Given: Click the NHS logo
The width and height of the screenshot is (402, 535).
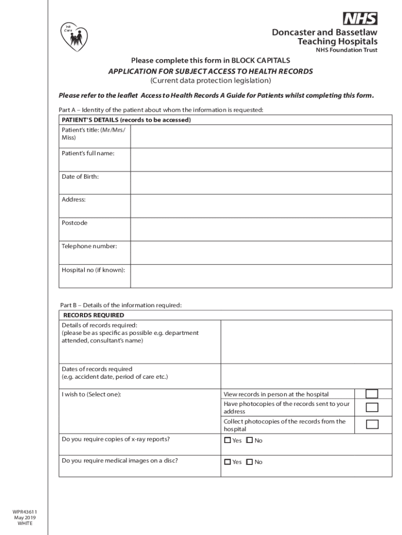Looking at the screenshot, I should [360, 19].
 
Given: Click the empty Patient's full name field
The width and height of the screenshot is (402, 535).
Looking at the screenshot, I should [261, 159].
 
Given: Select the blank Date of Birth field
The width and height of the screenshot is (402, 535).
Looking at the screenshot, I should [261, 183].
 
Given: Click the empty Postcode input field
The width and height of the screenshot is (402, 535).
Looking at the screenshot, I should [261, 229].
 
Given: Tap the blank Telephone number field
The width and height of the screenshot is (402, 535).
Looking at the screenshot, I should [261, 252].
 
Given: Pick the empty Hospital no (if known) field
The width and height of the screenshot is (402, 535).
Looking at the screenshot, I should [261, 276].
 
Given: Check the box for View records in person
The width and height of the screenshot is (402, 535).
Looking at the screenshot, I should [372, 394].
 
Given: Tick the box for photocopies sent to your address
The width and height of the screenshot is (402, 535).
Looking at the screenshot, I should [372, 408].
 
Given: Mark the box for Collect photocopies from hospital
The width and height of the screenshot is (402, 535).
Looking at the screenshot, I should [372, 424].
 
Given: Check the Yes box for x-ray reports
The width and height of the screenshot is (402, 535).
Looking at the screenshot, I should [228, 440].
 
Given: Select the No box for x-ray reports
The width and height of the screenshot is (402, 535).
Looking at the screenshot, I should [249, 440].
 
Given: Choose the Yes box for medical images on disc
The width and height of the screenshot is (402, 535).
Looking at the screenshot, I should [228, 462].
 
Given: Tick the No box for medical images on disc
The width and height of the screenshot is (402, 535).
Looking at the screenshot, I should [249, 462].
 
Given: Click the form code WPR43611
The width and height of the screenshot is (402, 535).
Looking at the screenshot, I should [25, 511].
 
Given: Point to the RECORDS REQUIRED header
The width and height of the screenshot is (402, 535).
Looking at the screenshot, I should [94, 315].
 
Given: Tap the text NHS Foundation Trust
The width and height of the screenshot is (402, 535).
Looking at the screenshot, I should [346, 51].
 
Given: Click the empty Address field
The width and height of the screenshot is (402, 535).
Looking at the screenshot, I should [261, 206].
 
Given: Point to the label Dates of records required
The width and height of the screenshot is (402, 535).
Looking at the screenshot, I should [97, 369].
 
